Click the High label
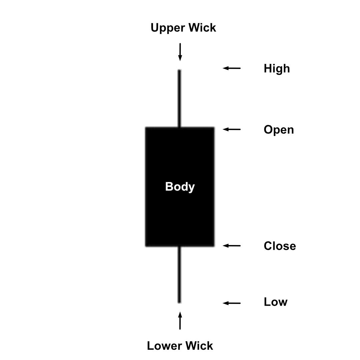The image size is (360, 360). tap(277, 69)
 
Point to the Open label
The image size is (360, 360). tap(279, 130)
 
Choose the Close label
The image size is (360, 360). tap(280, 246)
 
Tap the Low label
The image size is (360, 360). tap(275, 302)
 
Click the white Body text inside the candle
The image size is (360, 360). tap(180, 187)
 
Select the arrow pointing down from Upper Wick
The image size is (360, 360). tap(180, 52)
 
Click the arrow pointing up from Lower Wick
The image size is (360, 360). tap(180, 321)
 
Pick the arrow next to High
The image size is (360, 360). tap(232, 68)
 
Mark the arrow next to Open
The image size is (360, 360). tap(232, 129)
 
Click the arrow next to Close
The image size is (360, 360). tap(232, 246)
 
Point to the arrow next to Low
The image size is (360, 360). tap(232, 303)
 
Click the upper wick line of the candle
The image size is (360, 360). tap(179, 98)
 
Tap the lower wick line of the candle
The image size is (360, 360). tap(179, 274)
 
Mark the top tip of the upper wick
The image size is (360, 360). tap(179, 70)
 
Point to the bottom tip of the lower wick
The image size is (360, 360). tap(179, 302)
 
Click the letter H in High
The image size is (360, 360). tap(267, 69)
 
